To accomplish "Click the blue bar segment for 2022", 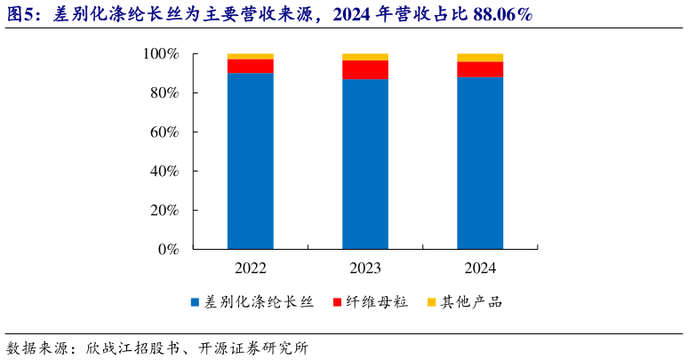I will click(250, 161).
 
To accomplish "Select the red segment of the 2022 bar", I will click(250, 66).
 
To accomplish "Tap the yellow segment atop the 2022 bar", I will click(250, 56).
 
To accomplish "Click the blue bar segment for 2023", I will click(365, 164).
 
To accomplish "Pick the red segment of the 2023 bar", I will click(365, 69).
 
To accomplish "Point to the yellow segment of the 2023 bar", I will click(365, 57).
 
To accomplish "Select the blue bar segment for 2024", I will click(480, 164).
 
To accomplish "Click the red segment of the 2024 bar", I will click(480, 69).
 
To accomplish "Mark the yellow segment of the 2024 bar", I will click(480, 58).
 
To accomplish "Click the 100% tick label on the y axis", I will click(161, 54).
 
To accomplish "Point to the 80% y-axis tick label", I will click(164, 93).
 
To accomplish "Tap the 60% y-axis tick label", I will click(164, 132).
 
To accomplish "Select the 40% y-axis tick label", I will click(164, 172).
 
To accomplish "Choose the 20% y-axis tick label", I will click(164, 211).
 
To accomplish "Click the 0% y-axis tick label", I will click(168, 250).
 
